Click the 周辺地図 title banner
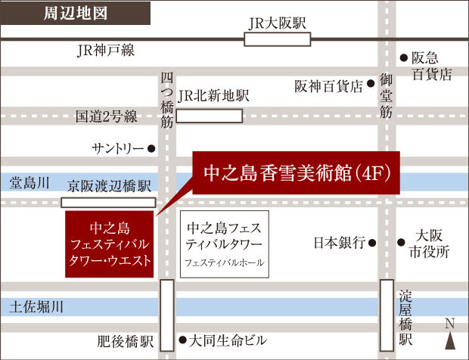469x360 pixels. click(76, 14)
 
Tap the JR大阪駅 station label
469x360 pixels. click(278, 23)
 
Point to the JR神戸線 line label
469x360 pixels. click(105, 51)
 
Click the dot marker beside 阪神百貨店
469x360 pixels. click(371, 85)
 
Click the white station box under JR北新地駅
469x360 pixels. click(210, 116)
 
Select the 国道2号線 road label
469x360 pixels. click(106, 116)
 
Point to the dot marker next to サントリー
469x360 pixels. click(151, 149)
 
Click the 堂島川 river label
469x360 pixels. click(30, 182)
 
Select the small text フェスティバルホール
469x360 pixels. click(224, 262)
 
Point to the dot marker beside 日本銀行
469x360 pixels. click(373, 244)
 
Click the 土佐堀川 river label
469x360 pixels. click(36, 307)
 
